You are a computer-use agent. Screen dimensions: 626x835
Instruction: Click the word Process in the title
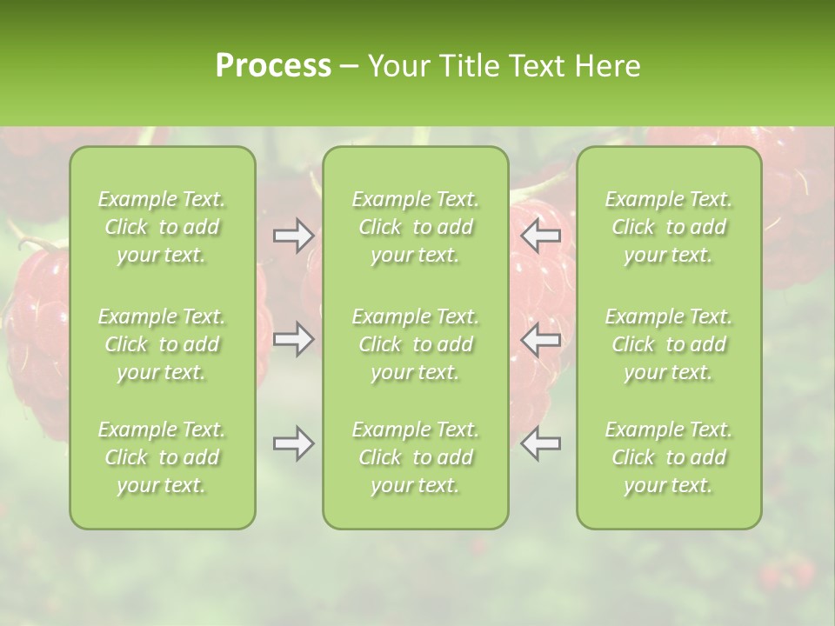(273, 66)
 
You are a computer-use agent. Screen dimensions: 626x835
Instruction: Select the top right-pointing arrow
(293, 236)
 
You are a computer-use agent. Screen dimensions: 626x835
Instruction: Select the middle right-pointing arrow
(293, 339)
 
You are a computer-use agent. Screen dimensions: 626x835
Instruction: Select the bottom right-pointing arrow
(293, 443)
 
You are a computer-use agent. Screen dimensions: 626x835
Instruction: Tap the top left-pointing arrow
(540, 236)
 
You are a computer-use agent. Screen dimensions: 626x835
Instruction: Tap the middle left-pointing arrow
(540, 339)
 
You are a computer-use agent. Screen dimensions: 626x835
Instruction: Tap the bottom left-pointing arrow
(540, 443)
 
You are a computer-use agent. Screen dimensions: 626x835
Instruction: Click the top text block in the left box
(162, 227)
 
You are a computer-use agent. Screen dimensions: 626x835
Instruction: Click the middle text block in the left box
(162, 344)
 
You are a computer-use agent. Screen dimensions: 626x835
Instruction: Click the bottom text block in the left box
(162, 457)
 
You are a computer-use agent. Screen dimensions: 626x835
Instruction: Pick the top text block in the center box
(415, 227)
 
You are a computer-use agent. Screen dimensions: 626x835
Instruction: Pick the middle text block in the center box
(415, 344)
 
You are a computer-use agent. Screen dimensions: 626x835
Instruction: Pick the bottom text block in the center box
(415, 457)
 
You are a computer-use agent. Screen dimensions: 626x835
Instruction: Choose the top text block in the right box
(668, 227)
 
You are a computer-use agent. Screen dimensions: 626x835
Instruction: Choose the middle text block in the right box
(668, 344)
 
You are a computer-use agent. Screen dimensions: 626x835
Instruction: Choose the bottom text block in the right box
(668, 457)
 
